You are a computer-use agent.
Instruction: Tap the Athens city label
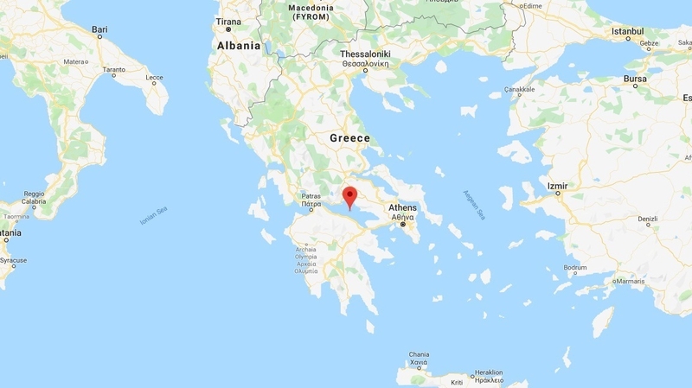[402, 207]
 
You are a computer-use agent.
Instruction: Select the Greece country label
[349, 138]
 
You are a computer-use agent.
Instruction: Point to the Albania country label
[238, 45]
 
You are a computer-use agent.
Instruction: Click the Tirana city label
[228, 21]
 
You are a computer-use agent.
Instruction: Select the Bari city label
[99, 29]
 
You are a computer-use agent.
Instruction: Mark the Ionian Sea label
[151, 216]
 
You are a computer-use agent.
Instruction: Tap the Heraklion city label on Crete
[488, 372]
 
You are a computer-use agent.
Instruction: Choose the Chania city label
[419, 354]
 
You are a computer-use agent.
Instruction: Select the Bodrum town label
[574, 268]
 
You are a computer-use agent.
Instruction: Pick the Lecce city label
[155, 78]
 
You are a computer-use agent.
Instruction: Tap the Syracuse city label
[13, 260]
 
